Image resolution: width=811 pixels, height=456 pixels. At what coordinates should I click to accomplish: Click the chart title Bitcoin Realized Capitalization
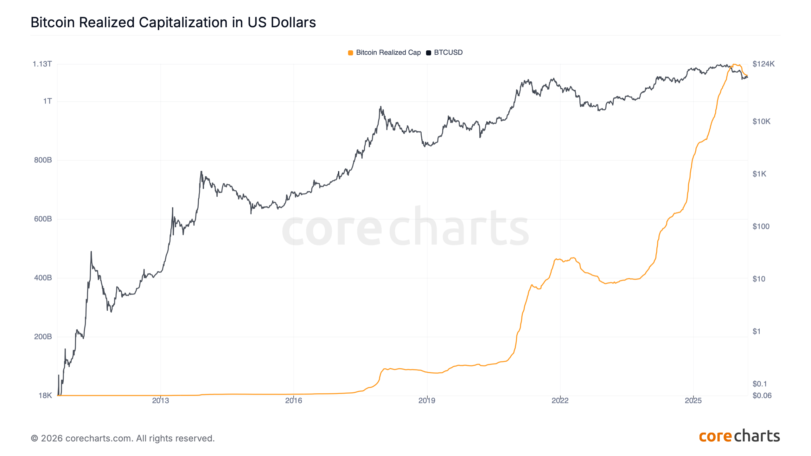pos(173,22)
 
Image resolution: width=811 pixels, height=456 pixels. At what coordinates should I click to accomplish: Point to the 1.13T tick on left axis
pos(42,64)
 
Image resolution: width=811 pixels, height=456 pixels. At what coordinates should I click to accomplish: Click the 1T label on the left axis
pos(48,101)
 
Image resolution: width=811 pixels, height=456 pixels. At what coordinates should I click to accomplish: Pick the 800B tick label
pos(43,160)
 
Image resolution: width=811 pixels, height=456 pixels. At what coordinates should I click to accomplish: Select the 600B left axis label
pos(43,219)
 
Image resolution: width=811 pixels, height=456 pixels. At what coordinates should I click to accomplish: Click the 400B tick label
pos(43,278)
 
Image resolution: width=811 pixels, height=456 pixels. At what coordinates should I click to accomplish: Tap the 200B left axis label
pos(43,337)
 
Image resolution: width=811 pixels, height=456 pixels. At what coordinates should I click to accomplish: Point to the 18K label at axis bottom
pos(45,396)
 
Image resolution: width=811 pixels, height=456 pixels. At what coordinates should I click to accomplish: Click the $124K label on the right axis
pos(763,64)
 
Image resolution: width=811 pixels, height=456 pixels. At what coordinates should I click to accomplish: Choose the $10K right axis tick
pos(761,122)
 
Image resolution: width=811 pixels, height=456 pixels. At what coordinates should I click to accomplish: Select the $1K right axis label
pos(759,174)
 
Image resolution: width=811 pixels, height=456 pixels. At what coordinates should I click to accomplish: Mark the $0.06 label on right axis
pos(762,396)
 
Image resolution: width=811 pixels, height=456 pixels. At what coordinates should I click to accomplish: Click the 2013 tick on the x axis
pos(161,401)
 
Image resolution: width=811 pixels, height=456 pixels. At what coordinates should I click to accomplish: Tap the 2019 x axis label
pos(427,401)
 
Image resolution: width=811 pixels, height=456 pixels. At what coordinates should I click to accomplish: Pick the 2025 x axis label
pos(693,401)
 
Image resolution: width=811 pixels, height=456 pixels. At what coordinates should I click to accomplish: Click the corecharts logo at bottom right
pos(739,436)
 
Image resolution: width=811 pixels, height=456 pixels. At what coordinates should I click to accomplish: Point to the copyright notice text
pos(123,438)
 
